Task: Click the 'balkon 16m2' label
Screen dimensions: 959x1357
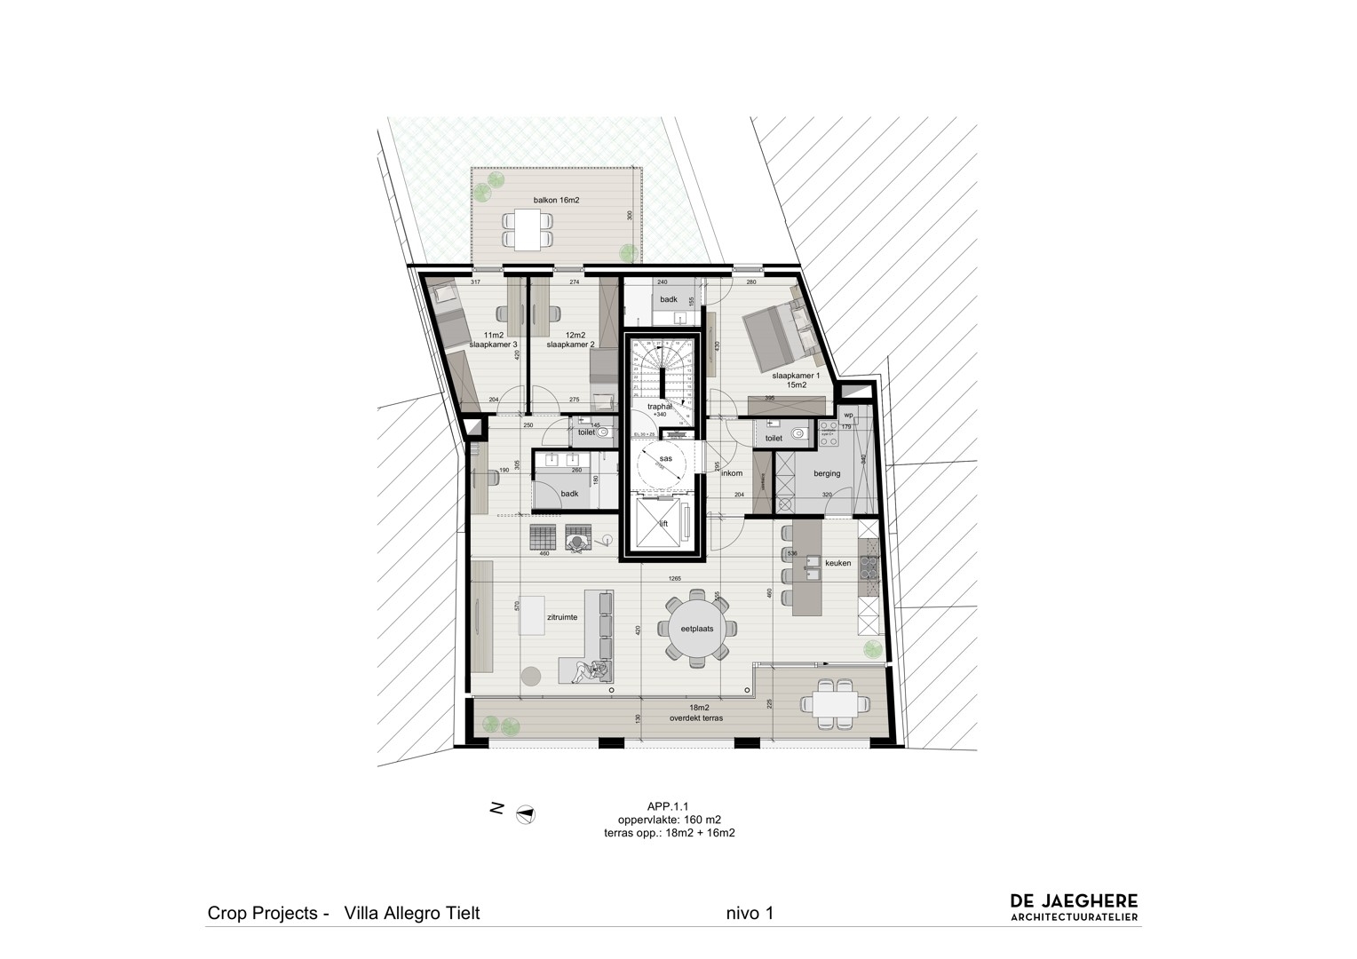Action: (x=556, y=201)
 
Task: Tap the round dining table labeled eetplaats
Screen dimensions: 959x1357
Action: (x=697, y=628)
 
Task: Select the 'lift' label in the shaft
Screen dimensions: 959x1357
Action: (x=663, y=524)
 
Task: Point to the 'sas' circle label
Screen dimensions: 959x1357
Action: (x=665, y=458)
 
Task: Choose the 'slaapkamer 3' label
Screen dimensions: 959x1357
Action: (x=495, y=344)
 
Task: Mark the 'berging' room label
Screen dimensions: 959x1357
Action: (x=826, y=473)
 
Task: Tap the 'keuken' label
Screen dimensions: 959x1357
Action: (x=837, y=563)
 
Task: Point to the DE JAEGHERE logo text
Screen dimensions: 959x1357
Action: (x=1074, y=902)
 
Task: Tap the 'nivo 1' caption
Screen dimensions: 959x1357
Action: (x=750, y=913)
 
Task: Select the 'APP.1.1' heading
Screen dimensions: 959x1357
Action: (x=669, y=806)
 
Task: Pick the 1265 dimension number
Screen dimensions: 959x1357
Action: (x=676, y=579)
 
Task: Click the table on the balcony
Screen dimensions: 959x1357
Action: (x=528, y=230)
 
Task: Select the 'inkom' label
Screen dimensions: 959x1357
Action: (x=731, y=473)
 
